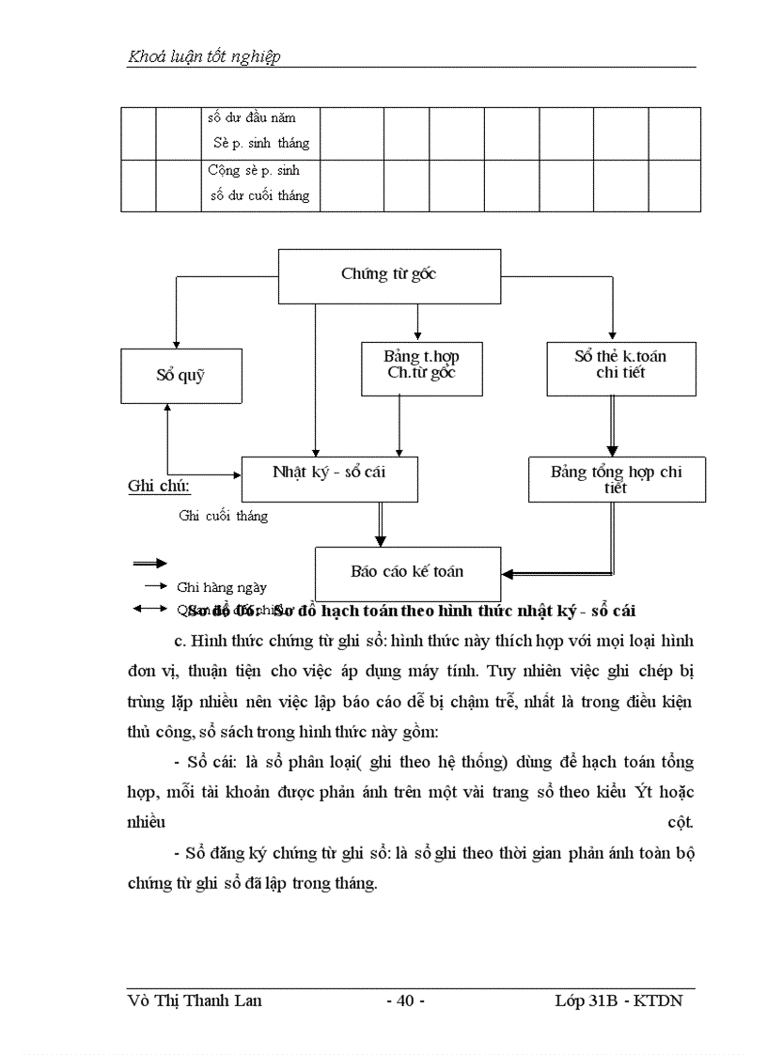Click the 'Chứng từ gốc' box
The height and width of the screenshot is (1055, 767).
point(389,275)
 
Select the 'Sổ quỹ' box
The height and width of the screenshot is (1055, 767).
point(180,375)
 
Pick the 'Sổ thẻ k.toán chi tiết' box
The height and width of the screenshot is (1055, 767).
point(620,365)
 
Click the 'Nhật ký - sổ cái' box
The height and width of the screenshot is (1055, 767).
point(329,473)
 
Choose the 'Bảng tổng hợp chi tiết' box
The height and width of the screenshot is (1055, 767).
point(617,479)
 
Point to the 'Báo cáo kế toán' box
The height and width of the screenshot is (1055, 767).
point(407,571)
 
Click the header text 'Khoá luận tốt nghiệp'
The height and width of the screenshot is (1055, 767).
point(204,57)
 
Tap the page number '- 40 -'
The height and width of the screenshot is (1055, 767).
point(406,1001)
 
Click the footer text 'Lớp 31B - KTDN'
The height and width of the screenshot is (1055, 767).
point(618,1001)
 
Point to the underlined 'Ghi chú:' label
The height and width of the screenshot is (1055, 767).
point(159,487)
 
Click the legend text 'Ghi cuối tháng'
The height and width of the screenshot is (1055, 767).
point(223,516)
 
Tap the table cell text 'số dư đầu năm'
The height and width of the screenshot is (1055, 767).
point(252,118)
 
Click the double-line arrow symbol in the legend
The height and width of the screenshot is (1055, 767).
point(149,563)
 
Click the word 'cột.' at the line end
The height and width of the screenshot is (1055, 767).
point(681,822)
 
